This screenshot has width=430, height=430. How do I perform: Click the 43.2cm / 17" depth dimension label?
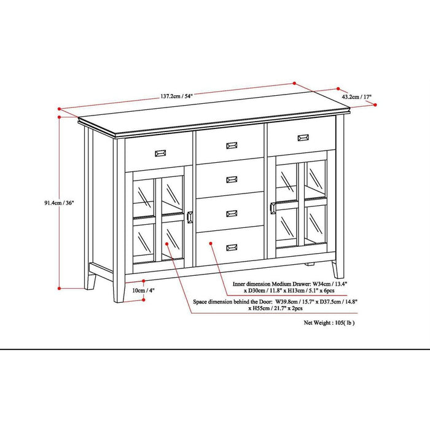coord(356,97)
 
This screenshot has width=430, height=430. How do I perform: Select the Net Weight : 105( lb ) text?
coord(329,322)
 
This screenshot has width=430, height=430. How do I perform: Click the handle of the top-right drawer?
coord(303,138)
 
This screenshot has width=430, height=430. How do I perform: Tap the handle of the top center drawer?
coord(232,146)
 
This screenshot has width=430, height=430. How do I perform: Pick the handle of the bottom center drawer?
coord(232,248)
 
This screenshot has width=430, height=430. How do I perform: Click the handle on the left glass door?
coord(189,217)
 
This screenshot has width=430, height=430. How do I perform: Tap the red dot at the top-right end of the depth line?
coord(374,106)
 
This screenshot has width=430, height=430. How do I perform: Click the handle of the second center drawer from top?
coord(232,179)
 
